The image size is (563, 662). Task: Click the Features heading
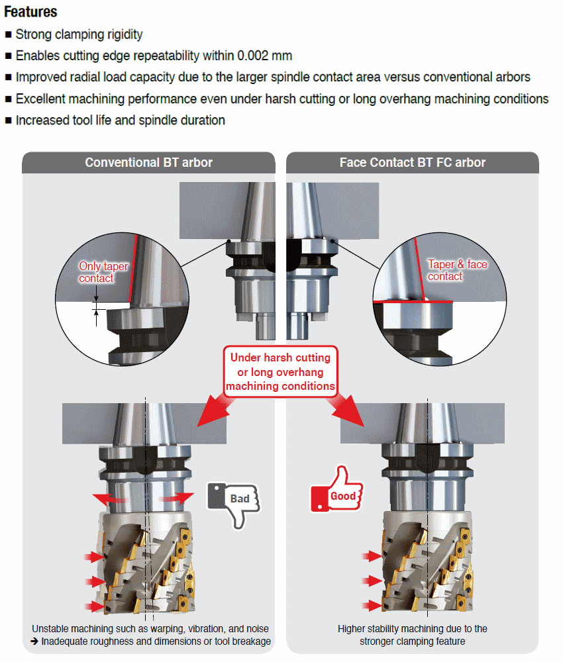tap(30, 12)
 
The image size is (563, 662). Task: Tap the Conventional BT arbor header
tap(148, 163)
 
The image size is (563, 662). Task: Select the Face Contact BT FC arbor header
tap(412, 163)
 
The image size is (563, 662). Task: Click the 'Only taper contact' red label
tap(103, 272)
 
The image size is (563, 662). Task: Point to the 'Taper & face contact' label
tap(457, 270)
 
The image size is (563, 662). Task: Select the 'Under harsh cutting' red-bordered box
tap(280, 371)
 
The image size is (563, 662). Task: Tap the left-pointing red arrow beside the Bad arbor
tap(108, 498)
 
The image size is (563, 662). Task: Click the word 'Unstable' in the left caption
tap(50, 628)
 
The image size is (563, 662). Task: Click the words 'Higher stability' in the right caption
tap(368, 628)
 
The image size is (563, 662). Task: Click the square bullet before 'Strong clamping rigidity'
tap(8, 34)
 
